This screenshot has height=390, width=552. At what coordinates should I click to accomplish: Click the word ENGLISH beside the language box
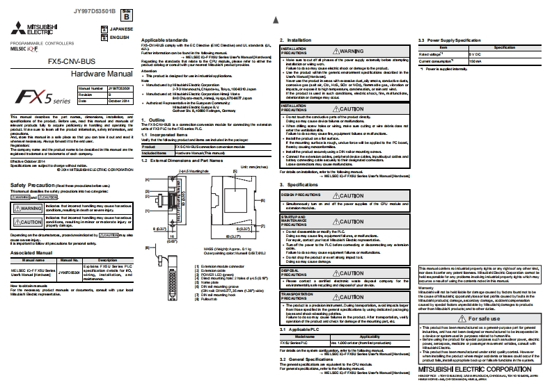(x=120, y=37)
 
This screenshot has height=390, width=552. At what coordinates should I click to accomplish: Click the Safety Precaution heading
(x=29, y=185)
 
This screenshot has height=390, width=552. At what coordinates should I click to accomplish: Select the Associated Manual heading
(x=29, y=253)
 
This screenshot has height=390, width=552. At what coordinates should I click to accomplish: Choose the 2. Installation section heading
(x=296, y=40)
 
